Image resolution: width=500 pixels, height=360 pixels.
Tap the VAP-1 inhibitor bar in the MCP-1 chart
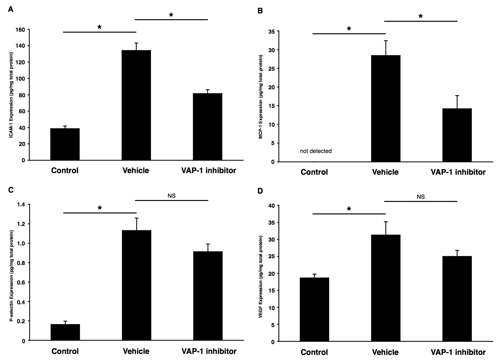457,135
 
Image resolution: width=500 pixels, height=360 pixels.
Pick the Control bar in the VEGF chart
314,309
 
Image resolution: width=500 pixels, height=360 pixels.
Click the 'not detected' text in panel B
316,151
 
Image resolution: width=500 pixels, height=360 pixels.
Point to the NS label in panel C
171,196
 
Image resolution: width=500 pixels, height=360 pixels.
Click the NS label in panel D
421,197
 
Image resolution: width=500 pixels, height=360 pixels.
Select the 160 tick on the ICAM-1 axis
20,30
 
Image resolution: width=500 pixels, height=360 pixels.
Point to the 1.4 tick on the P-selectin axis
21,204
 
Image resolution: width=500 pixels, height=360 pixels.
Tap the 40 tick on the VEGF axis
271,206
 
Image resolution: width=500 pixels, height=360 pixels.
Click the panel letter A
11,10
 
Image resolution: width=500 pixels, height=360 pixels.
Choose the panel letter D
260,191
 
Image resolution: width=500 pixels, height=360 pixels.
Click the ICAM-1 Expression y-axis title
11,95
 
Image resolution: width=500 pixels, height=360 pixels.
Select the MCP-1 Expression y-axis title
261,97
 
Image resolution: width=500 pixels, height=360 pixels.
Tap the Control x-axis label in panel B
314,172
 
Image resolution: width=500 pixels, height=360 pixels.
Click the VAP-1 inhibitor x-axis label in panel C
209,351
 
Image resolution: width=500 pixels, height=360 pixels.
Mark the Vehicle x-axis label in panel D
385,352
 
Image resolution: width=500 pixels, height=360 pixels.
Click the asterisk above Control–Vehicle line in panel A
99,28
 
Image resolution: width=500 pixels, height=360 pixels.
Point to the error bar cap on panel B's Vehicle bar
386,41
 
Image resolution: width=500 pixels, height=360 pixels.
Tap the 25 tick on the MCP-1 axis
271,68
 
